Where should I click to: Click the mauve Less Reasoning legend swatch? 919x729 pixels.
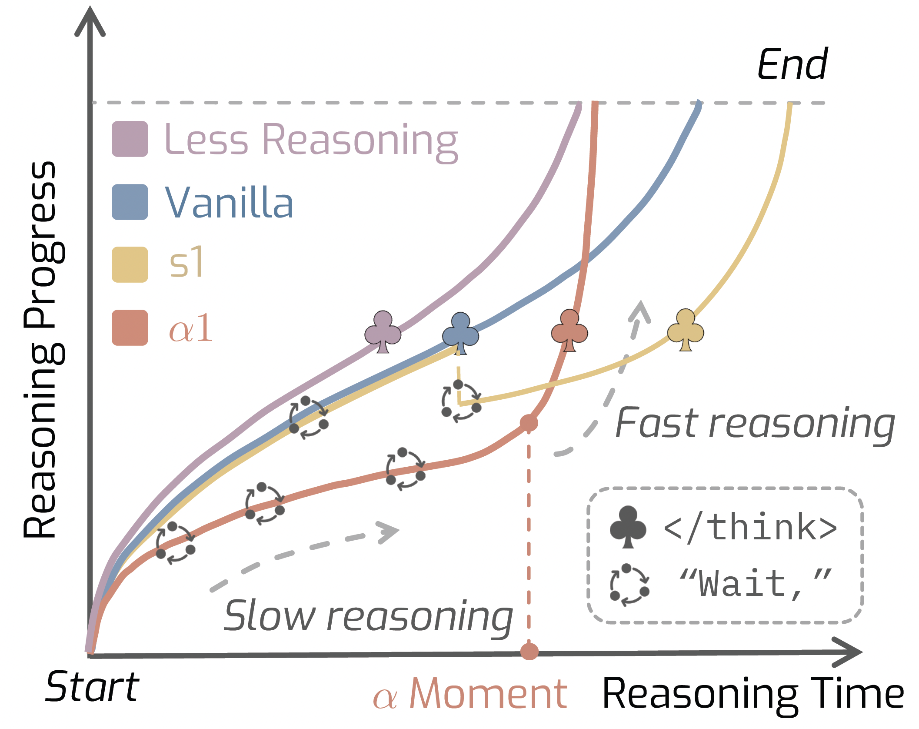130,139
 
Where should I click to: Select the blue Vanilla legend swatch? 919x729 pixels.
130,202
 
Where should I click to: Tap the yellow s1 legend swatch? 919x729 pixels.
130,264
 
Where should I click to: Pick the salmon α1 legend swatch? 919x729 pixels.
130,328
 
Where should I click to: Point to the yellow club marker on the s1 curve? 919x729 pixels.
686,330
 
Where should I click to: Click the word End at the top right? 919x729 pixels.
792,64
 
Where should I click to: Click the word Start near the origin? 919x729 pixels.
92,687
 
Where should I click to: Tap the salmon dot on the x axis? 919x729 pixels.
529,651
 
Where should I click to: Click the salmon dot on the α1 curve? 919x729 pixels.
529,422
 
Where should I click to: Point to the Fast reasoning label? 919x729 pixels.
755,424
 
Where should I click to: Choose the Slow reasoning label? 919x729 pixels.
368,616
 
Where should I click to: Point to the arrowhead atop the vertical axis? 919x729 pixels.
90,22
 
